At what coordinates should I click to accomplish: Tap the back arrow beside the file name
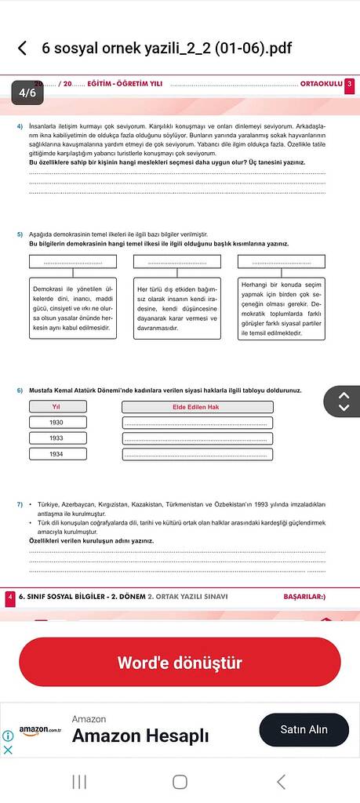[x=22, y=49]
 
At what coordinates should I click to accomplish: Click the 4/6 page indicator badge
[x=28, y=93]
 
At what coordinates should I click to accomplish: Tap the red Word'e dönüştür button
[x=180, y=663]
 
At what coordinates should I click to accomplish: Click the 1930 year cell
[x=56, y=423]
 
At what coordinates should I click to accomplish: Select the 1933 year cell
[x=56, y=438]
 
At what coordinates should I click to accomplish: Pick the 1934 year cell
[x=56, y=454]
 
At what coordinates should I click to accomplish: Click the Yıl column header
[x=56, y=406]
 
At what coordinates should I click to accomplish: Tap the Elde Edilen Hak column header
[x=197, y=406]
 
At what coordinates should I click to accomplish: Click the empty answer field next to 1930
[x=197, y=423]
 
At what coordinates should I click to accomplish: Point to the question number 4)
[x=20, y=125]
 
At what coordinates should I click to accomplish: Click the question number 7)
[x=20, y=503]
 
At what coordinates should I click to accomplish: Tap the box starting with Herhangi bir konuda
[x=281, y=307]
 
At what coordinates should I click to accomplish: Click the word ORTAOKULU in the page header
[x=321, y=84]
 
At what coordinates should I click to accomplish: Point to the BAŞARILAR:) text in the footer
[x=304, y=597]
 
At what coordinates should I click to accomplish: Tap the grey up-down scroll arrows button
[x=343, y=401]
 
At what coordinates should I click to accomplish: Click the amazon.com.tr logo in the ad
[x=41, y=731]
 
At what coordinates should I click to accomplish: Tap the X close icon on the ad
[x=8, y=749]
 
